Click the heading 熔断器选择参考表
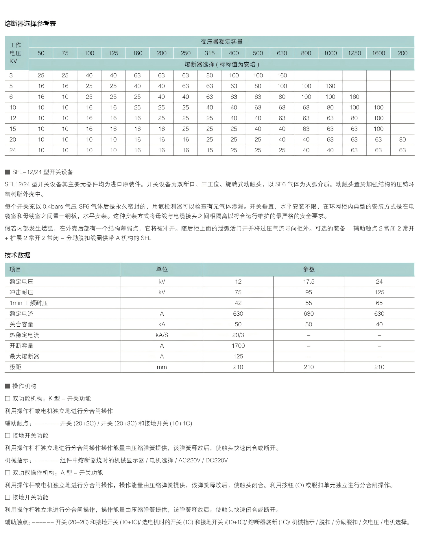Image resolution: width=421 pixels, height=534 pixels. click(x=30, y=24)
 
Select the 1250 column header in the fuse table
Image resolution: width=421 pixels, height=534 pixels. click(x=354, y=53)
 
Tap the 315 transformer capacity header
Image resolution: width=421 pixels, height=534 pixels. click(x=210, y=53)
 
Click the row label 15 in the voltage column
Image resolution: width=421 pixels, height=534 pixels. click(x=13, y=129)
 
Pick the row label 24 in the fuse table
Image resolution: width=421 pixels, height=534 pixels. click(x=13, y=150)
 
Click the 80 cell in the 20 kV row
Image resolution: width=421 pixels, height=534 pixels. click(x=402, y=139)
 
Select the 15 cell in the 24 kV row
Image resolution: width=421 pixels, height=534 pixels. click(x=210, y=150)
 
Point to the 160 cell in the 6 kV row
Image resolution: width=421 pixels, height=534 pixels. click(x=354, y=97)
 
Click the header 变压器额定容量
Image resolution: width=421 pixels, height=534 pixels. click(x=222, y=42)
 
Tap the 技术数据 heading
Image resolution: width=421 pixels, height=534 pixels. click(x=17, y=255)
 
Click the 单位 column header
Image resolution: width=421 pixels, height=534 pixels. click(x=162, y=269)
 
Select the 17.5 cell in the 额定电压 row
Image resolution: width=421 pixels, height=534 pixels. click(x=309, y=282)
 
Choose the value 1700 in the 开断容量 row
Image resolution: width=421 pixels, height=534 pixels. click(x=238, y=346)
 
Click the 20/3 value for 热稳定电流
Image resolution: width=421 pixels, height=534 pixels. click(x=238, y=335)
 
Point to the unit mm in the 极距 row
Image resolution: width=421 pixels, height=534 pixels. click(x=162, y=367)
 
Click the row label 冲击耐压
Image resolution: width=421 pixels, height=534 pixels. click(x=21, y=292)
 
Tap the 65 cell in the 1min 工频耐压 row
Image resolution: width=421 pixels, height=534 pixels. click(x=379, y=303)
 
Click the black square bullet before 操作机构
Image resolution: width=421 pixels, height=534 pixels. click(x=8, y=386)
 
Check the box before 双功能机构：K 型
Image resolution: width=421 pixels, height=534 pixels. click(x=8, y=399)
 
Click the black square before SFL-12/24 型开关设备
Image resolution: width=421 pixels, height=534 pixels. click(x=8, y=172)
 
